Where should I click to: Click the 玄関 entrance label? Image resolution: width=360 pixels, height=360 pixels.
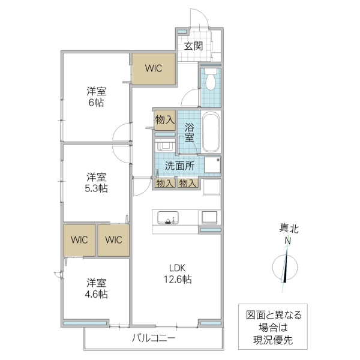[193, 46]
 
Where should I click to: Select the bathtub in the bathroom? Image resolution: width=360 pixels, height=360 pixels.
[211, 133]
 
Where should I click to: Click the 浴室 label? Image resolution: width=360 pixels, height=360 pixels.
[189, 132]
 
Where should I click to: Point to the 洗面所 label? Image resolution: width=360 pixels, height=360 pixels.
[179, 165]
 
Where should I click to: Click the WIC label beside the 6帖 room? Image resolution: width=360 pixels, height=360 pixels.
[153, 69]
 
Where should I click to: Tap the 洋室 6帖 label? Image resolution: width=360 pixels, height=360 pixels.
[96, 97]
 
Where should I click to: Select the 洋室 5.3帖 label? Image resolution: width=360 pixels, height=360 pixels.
[96, 182]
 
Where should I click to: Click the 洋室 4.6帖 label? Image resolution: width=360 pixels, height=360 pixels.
[96, 288]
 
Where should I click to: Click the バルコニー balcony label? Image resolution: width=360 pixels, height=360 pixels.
[154, 338]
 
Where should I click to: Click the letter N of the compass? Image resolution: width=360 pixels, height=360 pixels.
[288, 241]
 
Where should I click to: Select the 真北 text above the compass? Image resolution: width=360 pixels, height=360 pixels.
[289, 229]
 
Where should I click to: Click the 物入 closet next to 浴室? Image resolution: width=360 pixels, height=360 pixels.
[164, 120]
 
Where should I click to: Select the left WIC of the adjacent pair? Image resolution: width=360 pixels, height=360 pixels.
[79, 240]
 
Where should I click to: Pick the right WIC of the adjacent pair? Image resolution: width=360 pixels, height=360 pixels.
[113, 240]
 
